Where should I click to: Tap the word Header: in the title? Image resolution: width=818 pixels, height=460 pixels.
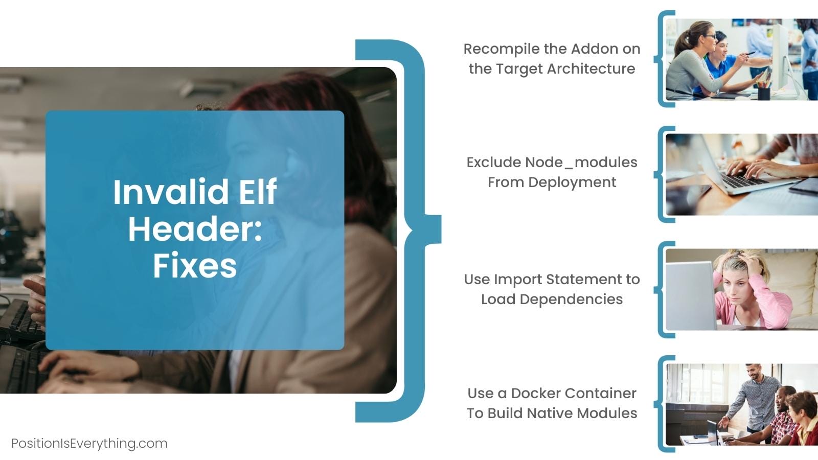(195, 229)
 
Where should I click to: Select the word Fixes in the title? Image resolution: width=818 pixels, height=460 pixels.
(195, 266)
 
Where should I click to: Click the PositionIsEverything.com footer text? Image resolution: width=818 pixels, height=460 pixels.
(89, 443)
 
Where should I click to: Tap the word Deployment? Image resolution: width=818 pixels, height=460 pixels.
(572, 182)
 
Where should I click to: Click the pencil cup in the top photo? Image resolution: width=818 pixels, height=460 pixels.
(764, 93)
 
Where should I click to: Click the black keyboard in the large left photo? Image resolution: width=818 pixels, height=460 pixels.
(20, 322)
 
